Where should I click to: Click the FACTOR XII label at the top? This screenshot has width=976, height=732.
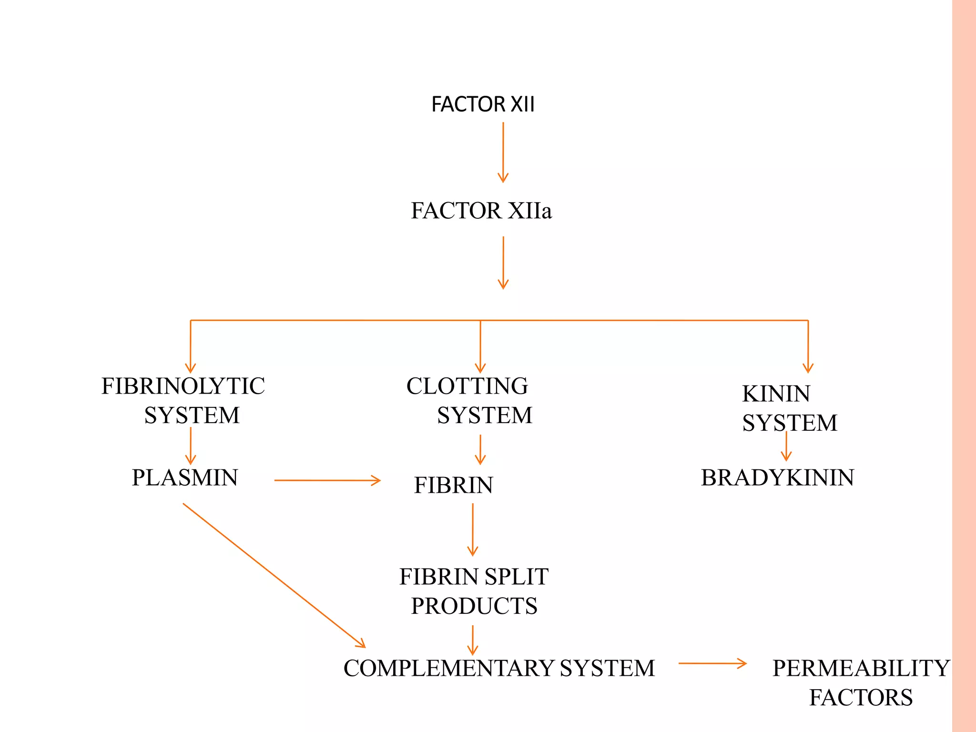(482, 104)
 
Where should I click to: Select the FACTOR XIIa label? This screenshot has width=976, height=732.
(481, 211)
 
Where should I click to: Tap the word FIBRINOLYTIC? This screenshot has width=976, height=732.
(183, 386)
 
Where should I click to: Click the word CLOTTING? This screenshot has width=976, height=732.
(467, 386)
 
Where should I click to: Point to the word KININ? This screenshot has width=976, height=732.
(776, 394)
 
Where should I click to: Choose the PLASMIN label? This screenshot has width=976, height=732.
(184, 478)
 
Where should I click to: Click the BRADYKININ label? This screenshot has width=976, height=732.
(777, 478)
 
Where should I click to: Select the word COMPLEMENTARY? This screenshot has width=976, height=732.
(448, 668)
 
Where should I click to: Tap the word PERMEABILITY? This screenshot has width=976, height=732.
(861, 668)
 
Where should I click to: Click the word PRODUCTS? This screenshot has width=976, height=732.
(474, 606)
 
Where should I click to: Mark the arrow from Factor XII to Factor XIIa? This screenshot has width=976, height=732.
(503, 152)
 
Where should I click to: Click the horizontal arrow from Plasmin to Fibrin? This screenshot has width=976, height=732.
(327, 480)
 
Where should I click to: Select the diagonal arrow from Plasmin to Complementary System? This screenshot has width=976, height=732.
(274, 575)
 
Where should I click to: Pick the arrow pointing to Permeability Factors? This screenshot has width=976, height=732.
(712, 663)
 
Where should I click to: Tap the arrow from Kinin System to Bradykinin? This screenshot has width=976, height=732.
(786, 446)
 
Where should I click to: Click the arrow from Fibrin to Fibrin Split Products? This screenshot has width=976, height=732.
(472, 529)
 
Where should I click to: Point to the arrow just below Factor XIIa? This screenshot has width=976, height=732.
(503, 263)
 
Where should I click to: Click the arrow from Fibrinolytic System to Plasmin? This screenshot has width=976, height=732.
(190, 446)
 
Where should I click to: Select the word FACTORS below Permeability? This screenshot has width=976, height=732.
(861, 698)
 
